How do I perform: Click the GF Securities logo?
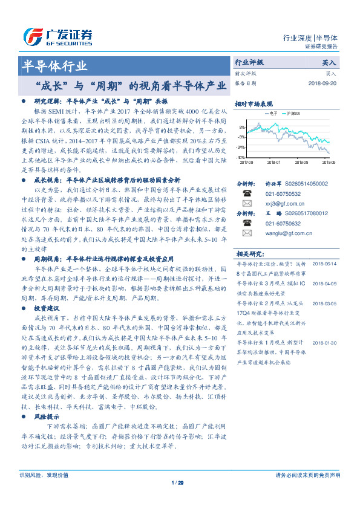(57, 37)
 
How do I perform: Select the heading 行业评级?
(249, 62)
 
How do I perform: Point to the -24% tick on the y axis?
(241, 147)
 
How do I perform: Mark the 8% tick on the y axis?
(243, 128)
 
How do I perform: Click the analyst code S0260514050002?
(306, 183)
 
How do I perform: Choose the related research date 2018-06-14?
(325, 264)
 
